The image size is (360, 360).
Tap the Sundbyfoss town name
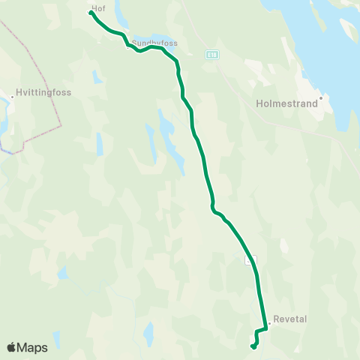pyautogui.click(x=154, y=43)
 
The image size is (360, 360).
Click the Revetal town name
pyautogui.click(x=291, y=319)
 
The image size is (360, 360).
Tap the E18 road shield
pyautogui.click(x=213, y=53)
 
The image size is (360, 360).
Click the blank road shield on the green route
pyautogui.click(x=252, y=259)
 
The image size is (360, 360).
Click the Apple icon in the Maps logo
pyautogui.click(x=12, y=347)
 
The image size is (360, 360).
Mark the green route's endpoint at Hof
pyautogui.click(x=91, y=12)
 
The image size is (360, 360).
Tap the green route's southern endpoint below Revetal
pyautogui.click(x=253, y=346)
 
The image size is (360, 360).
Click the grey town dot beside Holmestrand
pyautogui.click(x=320, y=97)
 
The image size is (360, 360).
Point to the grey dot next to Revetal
pyautogui.click(x=269, y=324)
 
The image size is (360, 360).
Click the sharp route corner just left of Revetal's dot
pyautogui.click(x=266, y=328)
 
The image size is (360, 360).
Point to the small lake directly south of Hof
pyautogui.click(x=97, y=76)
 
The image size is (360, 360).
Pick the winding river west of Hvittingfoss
pyautogui.click(x=4, y=127)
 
